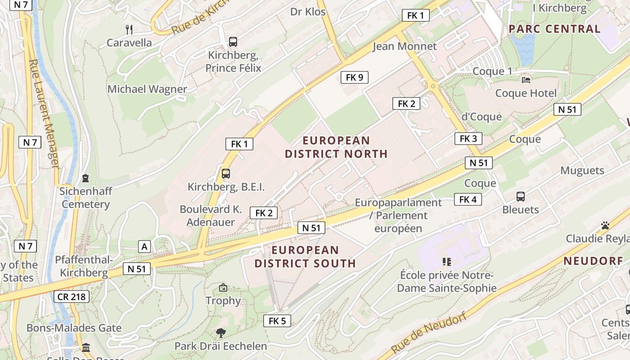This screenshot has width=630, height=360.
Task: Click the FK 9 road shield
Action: click(355, 77)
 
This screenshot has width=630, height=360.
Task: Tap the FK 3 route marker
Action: click(468, 138)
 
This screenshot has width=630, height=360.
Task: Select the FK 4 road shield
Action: click(468, 199)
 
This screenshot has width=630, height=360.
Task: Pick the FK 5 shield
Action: click(277, 321)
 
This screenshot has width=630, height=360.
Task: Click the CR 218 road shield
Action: click(71, 297)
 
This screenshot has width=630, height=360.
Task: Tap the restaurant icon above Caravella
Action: click(129, 30)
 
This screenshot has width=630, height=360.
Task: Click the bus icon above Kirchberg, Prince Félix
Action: click(233, 42)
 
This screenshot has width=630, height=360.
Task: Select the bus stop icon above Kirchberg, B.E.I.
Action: click(226, 174)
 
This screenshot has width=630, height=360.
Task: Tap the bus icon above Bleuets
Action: click(521, 197)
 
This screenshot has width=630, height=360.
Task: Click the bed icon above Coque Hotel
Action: click(526, 80)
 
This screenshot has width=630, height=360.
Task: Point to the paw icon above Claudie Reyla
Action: click(605, 225)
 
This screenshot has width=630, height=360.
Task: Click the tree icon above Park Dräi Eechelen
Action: click(220, 333)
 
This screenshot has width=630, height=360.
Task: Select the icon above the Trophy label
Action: click(223, 288)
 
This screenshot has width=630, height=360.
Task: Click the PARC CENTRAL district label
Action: click(554, 29)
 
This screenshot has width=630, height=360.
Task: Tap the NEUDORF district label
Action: click(593, 261)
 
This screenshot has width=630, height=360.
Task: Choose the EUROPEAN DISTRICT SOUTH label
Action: click(305, 256)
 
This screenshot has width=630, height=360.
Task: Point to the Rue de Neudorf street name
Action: click(428, 333)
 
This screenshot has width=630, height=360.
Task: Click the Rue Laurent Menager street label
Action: click(44, 114)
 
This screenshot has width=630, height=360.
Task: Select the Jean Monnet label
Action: click(405, 46)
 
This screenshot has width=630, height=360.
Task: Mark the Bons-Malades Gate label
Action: click(74, 328)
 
